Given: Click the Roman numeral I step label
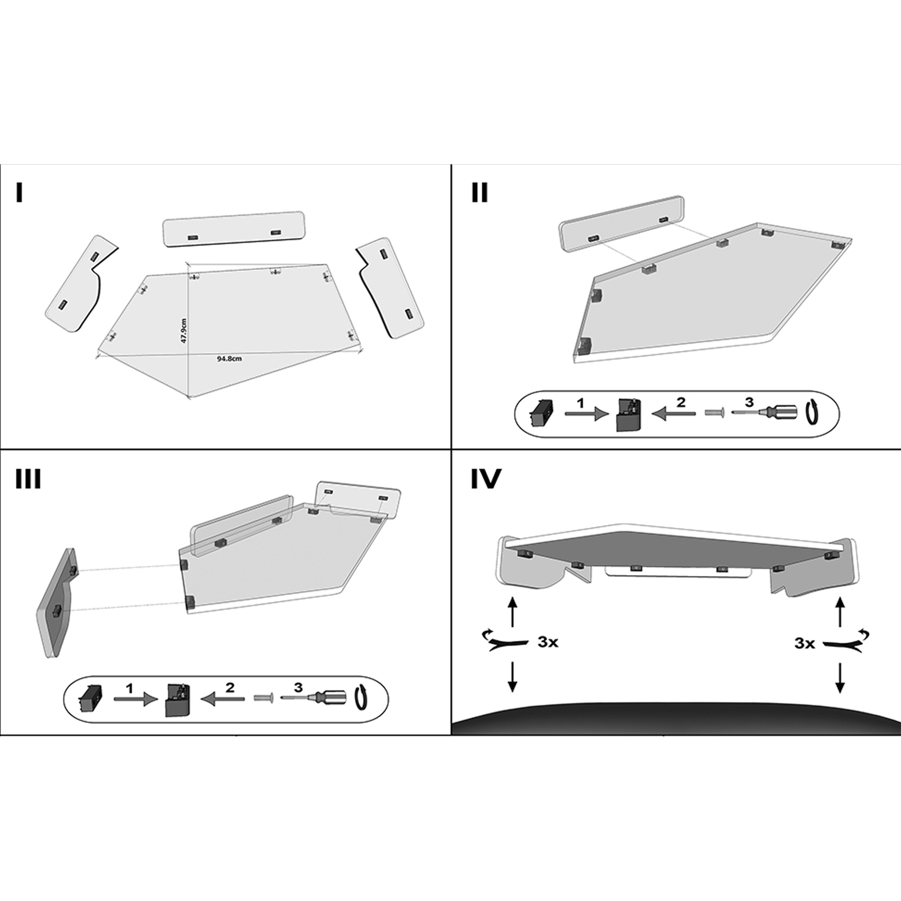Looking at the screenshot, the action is pos(19,193).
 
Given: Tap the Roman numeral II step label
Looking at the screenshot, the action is pos(480,193).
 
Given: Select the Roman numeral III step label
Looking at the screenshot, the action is pos(28,478).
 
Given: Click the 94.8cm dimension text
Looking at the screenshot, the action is pos(229,359).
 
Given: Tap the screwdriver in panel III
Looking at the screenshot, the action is pos(315,700).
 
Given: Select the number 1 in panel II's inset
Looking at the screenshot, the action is pos(580,404).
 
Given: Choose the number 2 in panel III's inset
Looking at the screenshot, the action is pos(230,687).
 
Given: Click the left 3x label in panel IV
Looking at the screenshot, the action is pos(547,642).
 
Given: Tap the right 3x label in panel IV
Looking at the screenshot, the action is pos(805,644).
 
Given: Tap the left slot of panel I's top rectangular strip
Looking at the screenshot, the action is pos(192,238).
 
